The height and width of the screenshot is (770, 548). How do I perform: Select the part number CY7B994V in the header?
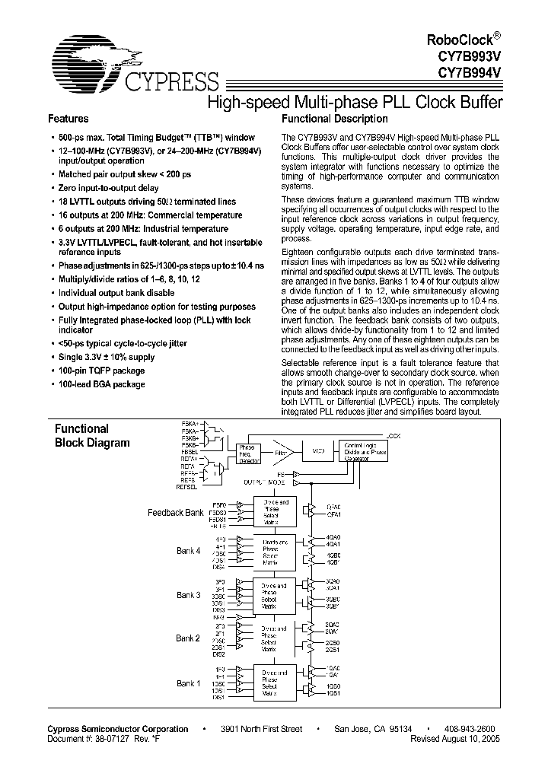pyautogui.click(x=473, y=74)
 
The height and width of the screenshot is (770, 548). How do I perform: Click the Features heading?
pyautogui.click(x=68, y=119)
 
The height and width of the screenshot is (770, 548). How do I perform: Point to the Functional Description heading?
pyautogui.click(x=334, y=119)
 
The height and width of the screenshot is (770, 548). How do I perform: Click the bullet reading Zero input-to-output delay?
pyautogui.click(x=109, y=188)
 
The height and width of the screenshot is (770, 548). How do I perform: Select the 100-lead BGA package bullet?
pyautogui.click(x=102, y=384)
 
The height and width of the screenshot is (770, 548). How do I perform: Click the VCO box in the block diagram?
pyautogui.click(x=318, y=451)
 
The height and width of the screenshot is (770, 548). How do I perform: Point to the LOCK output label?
pyautogui.click(x=393, y=436)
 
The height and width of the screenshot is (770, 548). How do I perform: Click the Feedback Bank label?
pyautogui.click(x=175, y=513)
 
